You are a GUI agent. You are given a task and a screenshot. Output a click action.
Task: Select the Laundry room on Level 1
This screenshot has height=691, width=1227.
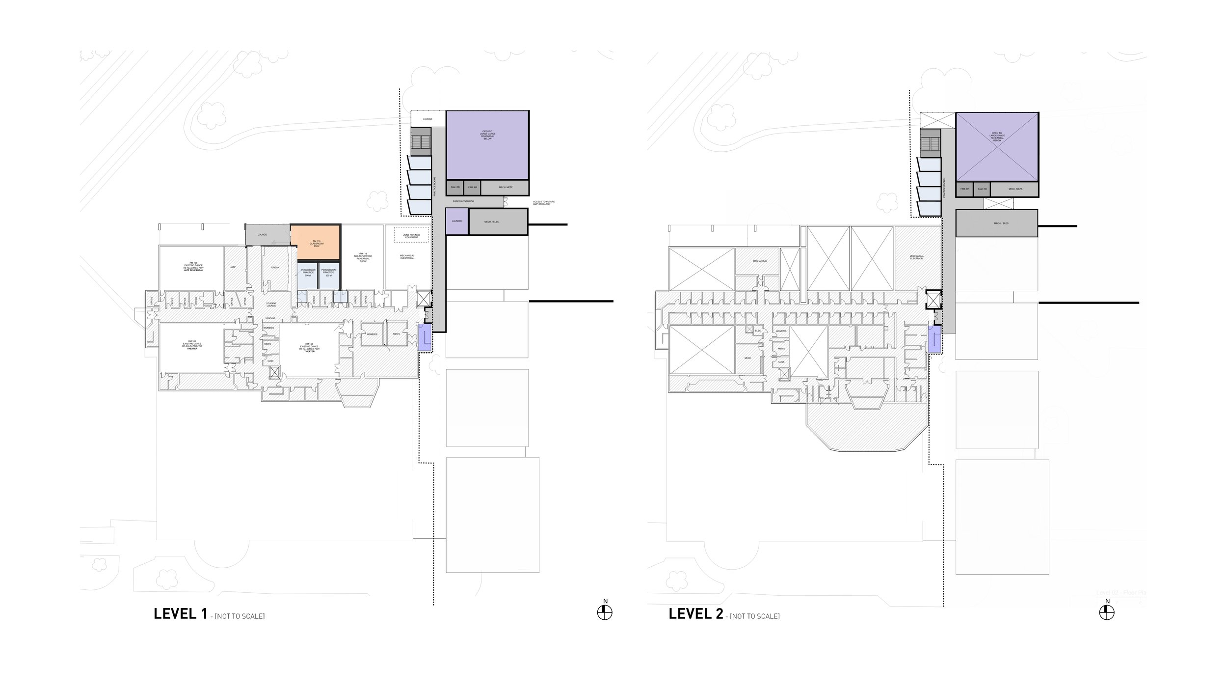(457, 221)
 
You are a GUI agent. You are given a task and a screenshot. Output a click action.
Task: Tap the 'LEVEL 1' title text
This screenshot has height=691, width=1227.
(180, 614)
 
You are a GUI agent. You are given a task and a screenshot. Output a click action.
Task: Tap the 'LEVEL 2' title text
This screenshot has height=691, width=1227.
(695, 614)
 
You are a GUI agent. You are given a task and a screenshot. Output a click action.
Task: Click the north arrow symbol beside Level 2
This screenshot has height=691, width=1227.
(1107, 612)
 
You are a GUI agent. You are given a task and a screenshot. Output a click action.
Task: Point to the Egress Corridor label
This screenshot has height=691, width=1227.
(463, 201)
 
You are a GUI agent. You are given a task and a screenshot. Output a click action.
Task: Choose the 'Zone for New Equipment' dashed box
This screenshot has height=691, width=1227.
(411, 236)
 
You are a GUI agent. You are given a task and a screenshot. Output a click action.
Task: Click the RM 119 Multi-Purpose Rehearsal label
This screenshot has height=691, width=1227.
(362, 257)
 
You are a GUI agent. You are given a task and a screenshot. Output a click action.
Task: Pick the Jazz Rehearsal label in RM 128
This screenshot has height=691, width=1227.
(191, 271)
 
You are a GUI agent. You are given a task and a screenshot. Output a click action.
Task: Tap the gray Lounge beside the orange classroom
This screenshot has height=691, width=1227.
(262, 235)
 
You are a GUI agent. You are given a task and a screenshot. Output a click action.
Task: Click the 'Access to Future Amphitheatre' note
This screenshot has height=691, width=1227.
(544, 203)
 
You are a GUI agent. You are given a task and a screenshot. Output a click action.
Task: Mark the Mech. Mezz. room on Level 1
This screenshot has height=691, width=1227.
(505, 188)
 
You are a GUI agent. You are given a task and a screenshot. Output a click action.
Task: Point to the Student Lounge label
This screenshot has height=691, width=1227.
(271, 305)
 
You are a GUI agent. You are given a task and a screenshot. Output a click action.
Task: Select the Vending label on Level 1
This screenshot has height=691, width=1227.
(270, 318)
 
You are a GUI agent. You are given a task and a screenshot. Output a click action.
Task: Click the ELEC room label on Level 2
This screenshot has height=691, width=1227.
(758, 331)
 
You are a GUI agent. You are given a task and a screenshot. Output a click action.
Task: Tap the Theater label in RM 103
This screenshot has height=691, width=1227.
(192, 348)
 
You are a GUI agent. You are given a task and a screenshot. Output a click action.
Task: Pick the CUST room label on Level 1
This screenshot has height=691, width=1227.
(270, 361)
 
